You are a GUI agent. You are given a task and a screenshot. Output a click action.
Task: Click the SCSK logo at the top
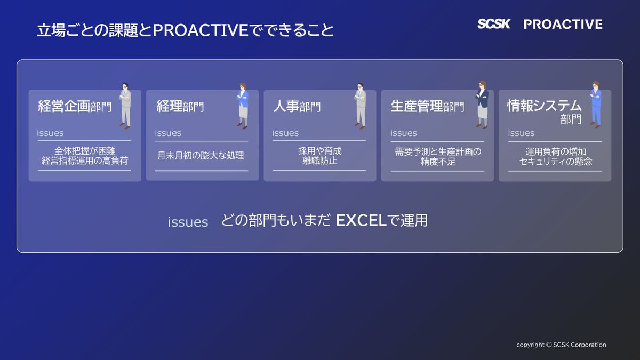[x=494, y=24]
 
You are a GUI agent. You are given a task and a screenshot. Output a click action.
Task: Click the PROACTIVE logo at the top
[x=563, y=25]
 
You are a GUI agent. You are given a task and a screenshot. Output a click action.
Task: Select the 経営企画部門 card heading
[x=75, y=106]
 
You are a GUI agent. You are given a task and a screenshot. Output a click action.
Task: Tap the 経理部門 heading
[x=180, y=106]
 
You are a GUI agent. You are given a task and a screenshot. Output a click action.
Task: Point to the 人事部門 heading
[x=297, y=106]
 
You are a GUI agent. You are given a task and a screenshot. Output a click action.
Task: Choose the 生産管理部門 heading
[x=427, y=106]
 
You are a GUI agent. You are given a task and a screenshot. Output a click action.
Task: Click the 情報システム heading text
[x=545, y=106]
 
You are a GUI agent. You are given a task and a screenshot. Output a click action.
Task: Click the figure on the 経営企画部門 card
[x=125, y=106]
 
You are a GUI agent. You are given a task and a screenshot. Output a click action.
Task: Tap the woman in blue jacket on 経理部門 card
[x=243, y=106]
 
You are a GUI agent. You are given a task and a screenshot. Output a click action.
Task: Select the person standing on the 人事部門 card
[x=361, y=106]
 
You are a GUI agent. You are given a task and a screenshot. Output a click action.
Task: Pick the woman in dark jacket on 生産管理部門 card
[x=482, y=105]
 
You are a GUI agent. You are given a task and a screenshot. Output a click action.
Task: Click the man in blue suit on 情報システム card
[x=596, y=105]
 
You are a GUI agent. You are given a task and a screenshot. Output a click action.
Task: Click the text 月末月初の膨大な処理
[x=201, y=156]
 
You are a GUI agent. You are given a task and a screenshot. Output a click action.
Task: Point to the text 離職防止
[x=319, y=161]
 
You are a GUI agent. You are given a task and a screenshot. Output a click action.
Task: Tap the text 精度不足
[x=438, y=162]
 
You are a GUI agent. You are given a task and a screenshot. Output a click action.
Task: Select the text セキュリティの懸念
[x=555, y=162]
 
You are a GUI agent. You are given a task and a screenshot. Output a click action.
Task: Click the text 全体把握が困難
[x=85, y=151]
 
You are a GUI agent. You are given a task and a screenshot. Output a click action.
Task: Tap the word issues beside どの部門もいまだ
[x=188, y=222]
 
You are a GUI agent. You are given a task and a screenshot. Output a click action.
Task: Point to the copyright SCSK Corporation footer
[x=561, y=345]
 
